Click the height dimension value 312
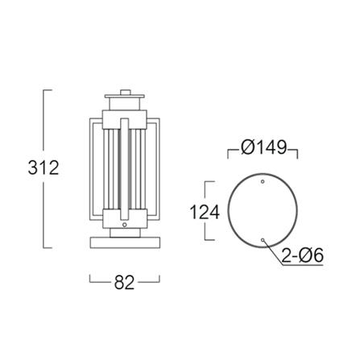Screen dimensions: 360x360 click(43, 168)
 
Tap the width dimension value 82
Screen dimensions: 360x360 click(124, 282)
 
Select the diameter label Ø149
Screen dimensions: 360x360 click(264, 147)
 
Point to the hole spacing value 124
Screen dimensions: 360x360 click(205, 212)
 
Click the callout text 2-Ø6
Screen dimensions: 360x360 click(303, 255)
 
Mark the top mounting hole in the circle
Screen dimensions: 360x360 click(263, 181)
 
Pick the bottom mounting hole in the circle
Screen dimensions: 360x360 click(263, 240)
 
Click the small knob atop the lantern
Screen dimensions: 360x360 click(125, 93)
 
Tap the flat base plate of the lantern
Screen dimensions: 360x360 click(125, 242)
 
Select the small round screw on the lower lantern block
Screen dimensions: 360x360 click(124, 225)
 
